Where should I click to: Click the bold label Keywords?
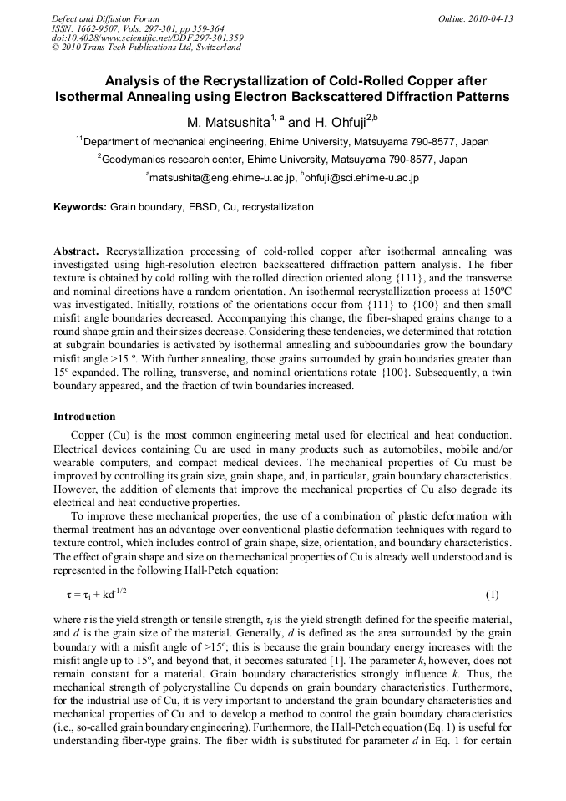80,207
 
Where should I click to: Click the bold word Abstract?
77,251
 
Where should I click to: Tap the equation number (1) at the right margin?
492,595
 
